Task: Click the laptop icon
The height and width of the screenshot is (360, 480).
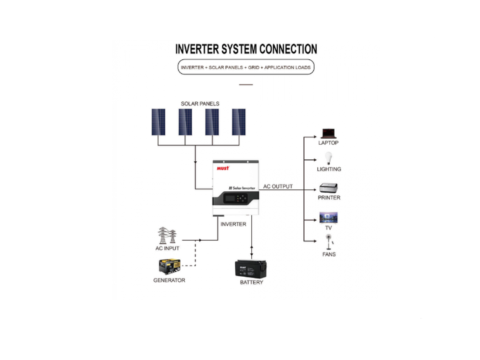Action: [329, 134]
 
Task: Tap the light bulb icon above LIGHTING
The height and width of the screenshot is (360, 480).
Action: [329, 158]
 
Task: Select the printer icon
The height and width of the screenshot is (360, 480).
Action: [329, 187]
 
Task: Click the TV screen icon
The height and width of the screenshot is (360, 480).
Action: [329, 217]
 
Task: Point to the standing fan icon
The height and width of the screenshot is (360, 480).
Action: [329, 242]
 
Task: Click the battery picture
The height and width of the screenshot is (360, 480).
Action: [251, 269]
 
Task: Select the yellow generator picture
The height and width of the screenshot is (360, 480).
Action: [169, 267]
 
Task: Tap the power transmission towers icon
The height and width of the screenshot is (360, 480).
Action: [167, 235]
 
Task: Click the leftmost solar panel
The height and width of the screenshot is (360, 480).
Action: [158, 122]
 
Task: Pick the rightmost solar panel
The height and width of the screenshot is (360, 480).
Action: [239, 122]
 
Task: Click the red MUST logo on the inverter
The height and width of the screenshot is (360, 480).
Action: [223, 168]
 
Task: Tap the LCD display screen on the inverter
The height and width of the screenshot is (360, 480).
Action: [229, 199]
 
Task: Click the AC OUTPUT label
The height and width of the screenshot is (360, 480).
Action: [278, 187]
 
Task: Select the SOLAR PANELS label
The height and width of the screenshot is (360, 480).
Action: [200, 104]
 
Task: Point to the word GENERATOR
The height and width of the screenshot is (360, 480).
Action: [169, 280]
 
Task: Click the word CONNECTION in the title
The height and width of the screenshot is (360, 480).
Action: [289, 49]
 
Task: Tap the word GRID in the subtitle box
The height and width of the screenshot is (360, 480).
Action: [253, 67]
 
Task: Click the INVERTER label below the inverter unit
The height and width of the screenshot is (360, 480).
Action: [233, 224]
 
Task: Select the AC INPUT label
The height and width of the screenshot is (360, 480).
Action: [167, 248]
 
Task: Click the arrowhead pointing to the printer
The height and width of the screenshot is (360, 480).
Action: [315, 190]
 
